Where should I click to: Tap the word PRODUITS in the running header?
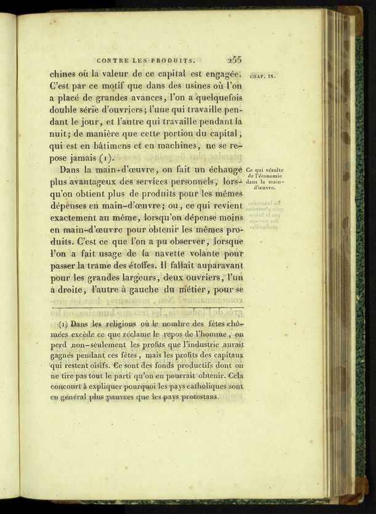pyautogui.click(x=176, y=60)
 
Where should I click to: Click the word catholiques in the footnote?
pyautogui.click(x=202, y=386)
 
